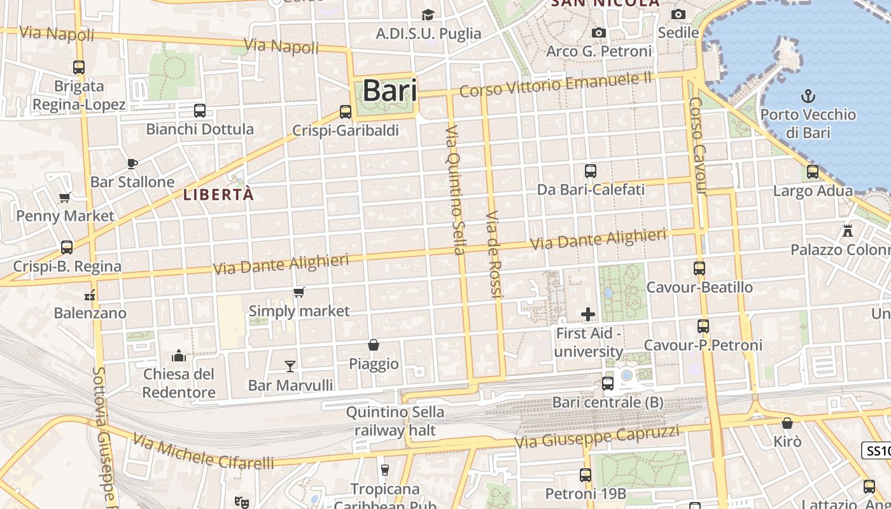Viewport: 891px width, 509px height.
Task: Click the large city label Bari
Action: pyautogui.click(x=389, y=91)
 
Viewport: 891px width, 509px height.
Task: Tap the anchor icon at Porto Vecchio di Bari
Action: pyautogui.click(x=808, y=97)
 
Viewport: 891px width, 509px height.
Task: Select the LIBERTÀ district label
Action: pyautogui.click(x=218, y=195)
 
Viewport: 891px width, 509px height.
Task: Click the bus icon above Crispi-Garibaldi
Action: pyautogui.click(x=346, y=112)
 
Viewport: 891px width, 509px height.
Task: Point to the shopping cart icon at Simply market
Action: pyautogui.click(x=298, y=292)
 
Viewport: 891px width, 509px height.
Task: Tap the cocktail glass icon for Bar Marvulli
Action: pyautogui.click(x=290, y=366)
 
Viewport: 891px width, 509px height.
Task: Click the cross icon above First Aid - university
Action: pyautogui.click(x=588, y=314)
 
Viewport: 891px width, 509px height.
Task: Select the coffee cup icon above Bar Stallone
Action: pyautogui.click(x=132, y=164)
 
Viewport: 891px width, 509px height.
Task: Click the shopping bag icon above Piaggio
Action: pyautogui.click(x=374, y=345)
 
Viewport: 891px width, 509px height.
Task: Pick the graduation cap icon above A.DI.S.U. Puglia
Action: pyautogui.click(x=428, y=15)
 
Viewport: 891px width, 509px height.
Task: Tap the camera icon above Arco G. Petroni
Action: pyautogui.click(x=598, y=32)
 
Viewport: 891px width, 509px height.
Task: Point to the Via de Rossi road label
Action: pyautogui.click(x=495, y=254)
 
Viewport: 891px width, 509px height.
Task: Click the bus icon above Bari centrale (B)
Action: pyautogui.click(x=608, y=384)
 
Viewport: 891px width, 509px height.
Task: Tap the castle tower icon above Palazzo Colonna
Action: pyautogui.click(x=847, y=230)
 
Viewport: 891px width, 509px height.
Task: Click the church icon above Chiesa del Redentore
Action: pyautogui.click(x=179, y=355)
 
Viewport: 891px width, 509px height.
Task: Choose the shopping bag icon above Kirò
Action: pyautogui.click(x=787, y=423)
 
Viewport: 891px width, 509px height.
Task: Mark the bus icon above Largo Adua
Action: pyautogui.click(x=812, y=171)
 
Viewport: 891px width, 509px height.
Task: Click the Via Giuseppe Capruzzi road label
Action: pyautogui.click(x=596, y=437)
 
